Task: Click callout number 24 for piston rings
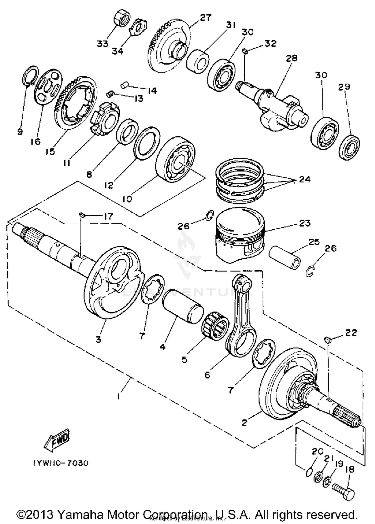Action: (304, 180)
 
